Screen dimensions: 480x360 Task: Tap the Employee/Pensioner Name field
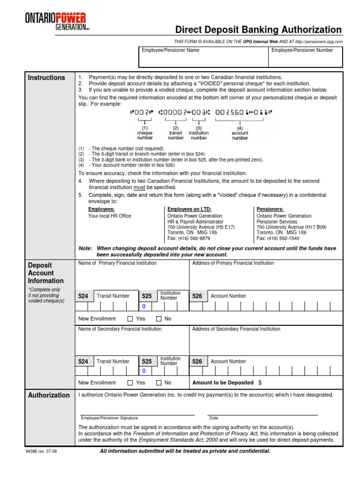point(203,58)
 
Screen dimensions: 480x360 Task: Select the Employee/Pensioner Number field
point(305,58)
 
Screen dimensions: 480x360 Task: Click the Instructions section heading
point(47,78)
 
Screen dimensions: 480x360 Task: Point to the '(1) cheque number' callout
point(145,133)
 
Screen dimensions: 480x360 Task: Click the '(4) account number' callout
point(240,133)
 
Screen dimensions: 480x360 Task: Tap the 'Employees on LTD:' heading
point(189,209)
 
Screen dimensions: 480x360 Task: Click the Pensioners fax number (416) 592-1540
point(278,238)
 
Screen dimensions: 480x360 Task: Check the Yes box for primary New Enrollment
point(130,319)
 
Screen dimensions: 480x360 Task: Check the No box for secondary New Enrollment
point(158,382)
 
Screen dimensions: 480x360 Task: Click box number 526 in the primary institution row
point(197,296)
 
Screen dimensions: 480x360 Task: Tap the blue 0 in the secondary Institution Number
point(144,371)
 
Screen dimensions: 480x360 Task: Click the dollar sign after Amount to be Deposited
point(260,382)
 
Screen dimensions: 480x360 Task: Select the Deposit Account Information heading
point(41,273)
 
